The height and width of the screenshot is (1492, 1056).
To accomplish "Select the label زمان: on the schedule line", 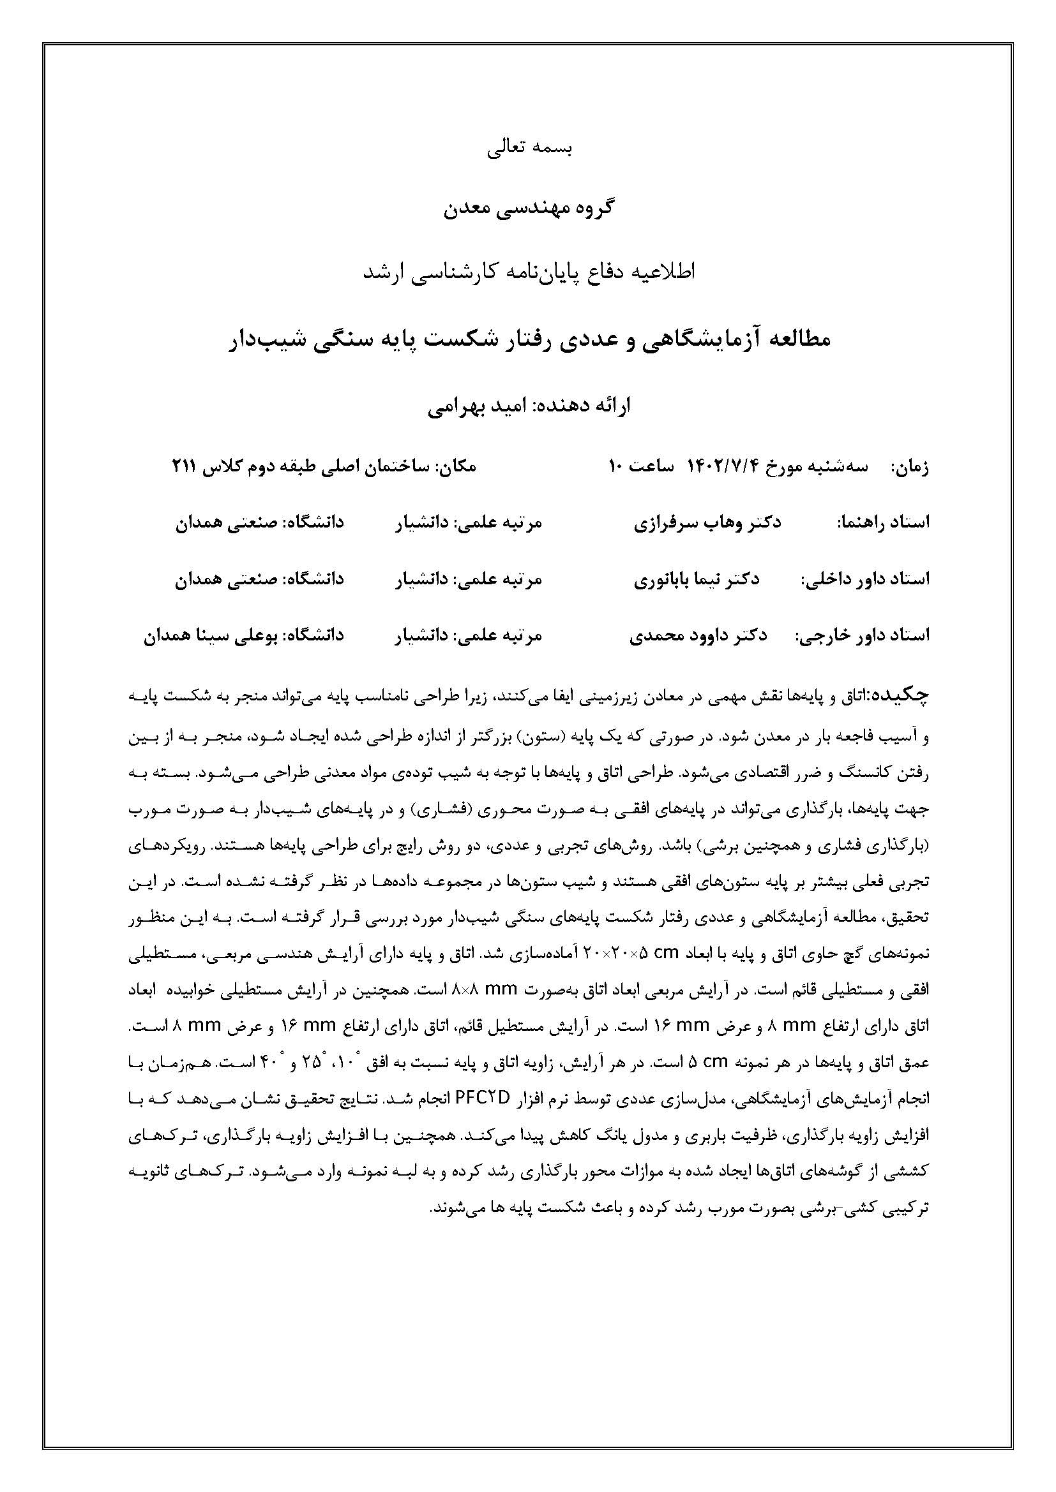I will point(910,466).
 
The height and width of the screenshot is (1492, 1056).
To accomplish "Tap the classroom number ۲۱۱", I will point(185,466).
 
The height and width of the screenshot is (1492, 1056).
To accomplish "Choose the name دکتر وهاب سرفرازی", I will point(707,522).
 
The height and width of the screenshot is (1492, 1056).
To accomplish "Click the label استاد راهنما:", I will point(883,522).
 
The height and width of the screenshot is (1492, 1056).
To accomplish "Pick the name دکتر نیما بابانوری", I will point(697,579).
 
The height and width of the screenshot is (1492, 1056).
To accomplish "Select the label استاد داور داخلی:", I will point(865,579).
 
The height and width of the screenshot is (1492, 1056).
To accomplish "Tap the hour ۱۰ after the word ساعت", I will point(617,466).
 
